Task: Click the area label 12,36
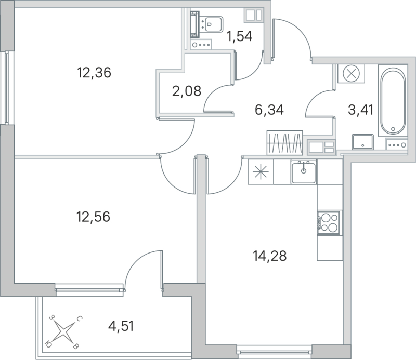(x=94, y=73)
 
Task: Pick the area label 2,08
(x=185, y=92)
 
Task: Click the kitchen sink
(x=304, y=171)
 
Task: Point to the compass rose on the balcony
(x=63, y=330)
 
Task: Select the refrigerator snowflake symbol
(x=259, y=172)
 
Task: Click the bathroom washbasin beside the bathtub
(x=362, y=141)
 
